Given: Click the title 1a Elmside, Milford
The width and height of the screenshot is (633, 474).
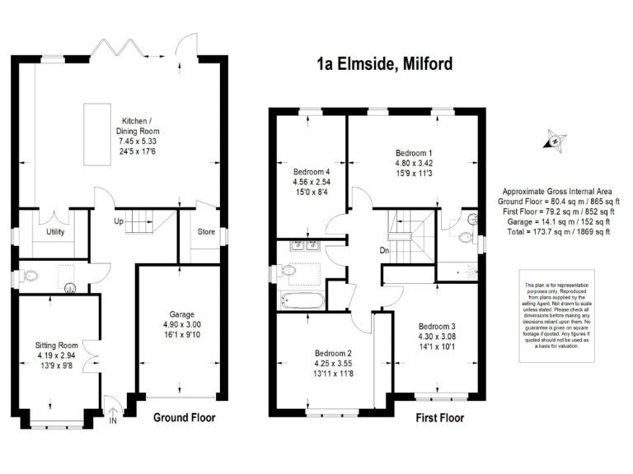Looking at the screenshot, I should (x=385, y=64).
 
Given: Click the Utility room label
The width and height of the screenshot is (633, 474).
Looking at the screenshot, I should (x=54, y=233).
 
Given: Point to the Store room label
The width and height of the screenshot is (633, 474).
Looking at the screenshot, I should (x=205, y=232).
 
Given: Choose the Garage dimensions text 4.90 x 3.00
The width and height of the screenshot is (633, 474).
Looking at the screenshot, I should (x=181, y=324).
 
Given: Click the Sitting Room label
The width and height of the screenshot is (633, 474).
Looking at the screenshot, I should (x=56, y=345).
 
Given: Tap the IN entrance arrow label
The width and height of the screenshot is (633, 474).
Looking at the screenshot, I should (x=113, y=421).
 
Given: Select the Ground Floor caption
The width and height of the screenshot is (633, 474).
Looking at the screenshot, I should (x=185, y=418).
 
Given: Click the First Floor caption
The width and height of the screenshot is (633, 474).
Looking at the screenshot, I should (x=439, y=418).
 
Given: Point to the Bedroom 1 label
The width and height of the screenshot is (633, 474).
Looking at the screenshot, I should (x=414, y=153).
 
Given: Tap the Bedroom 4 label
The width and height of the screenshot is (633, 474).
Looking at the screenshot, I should (x=311, y=171).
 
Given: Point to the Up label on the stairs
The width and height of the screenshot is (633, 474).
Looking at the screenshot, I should (x=119, y=221).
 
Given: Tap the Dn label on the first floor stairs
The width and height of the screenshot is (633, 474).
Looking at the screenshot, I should (x=384, y=251).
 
